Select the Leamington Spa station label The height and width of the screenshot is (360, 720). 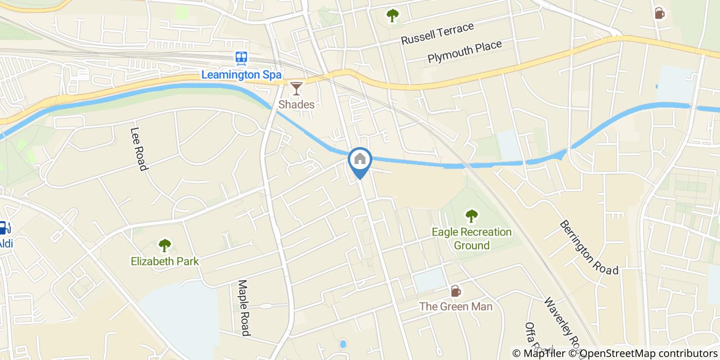click(241, 75)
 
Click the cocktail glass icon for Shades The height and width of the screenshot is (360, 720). click(296, 88)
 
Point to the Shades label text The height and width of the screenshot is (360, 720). click(296, 104)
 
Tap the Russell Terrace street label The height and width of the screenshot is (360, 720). click(437, 33)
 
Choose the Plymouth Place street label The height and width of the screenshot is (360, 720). click(464, 52)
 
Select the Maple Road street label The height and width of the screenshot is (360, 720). click(244, 308)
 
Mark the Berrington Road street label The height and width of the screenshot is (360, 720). click(588, 247)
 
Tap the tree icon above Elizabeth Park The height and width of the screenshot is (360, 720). click(165, 245)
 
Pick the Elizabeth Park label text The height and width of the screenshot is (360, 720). click(165, 261)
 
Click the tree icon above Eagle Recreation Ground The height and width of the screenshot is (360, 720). click(471, 216)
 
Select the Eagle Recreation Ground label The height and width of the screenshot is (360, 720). click(471, 239)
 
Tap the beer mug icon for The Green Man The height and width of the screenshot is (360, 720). click(455, 291)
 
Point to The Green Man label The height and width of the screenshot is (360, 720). click(455, 307)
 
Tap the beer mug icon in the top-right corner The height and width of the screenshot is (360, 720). click(659, 13)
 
